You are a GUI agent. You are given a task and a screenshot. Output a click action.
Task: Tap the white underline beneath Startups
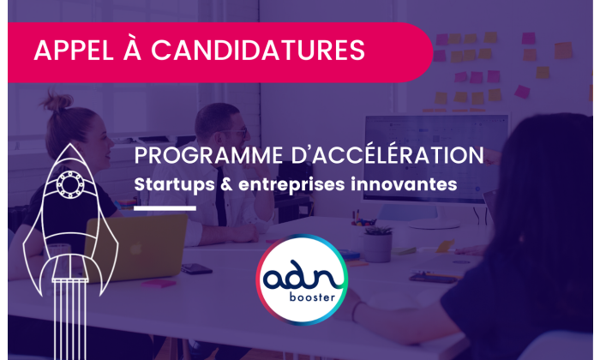165,207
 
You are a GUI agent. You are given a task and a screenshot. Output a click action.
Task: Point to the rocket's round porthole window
68,183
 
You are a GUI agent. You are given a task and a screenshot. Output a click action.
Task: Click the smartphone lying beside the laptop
196,268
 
